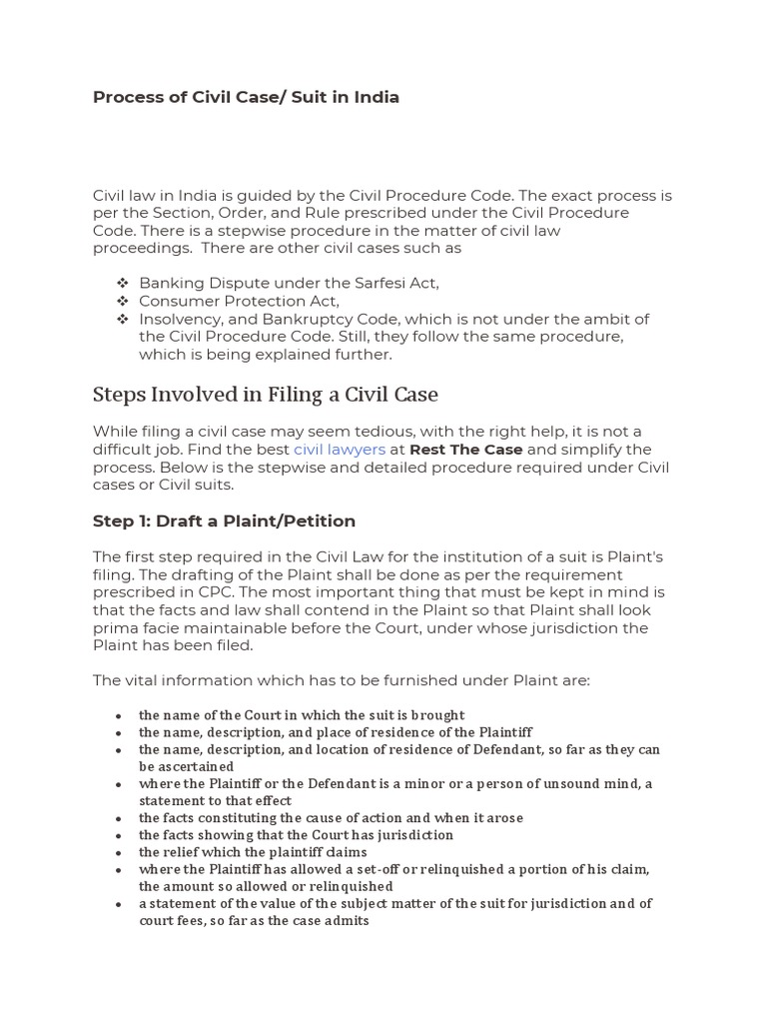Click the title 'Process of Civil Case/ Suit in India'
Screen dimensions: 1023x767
(x=246, y=97)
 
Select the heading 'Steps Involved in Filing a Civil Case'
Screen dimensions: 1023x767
(x=265, y=395)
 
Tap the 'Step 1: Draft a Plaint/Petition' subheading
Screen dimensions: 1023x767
(x=224, y=521)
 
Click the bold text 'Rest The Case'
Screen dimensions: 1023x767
(x=465, y=450)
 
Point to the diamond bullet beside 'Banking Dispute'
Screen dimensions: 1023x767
(x=122, y=283)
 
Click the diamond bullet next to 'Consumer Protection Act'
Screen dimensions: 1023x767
(x=122, y=301)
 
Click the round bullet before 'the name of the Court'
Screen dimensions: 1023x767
(x=119, y=716)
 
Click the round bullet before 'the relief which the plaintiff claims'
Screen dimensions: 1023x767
(x=119, y=853)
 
